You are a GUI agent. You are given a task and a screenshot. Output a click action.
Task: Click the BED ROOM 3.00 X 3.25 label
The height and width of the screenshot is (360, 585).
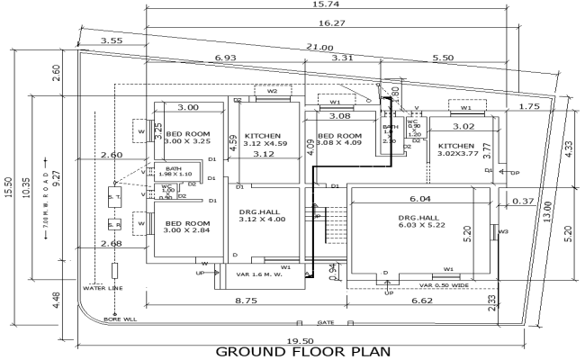(187, 138)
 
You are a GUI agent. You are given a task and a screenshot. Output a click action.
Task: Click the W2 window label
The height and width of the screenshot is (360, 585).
(272, 91)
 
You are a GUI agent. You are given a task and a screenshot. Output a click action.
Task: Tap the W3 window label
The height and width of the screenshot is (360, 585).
(503, 231)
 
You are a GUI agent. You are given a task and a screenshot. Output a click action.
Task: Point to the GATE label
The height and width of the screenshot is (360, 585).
(325, 321)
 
